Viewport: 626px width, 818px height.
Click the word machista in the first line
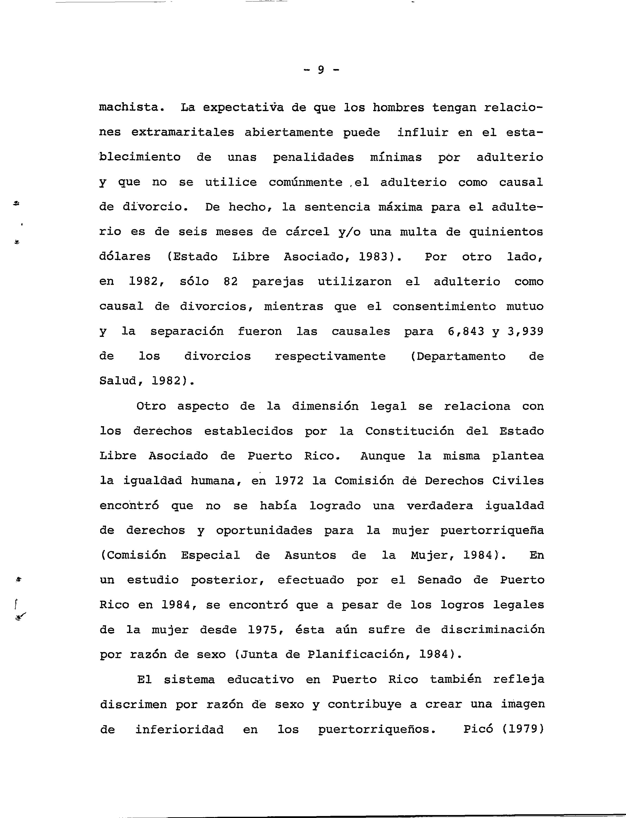[132, 108]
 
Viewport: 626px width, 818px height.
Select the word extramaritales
[183, 133]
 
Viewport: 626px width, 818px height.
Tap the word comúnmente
[306, 183]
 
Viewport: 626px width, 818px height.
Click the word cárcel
[307, 232]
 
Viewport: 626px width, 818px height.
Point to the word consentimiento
[444, 307]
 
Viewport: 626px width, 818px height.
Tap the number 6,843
[466, 332]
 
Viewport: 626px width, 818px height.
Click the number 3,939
[525, 332]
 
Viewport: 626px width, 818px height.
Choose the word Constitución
[409, 431]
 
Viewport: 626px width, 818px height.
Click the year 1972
[289, 481]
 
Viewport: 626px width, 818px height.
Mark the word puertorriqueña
[492, 531]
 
